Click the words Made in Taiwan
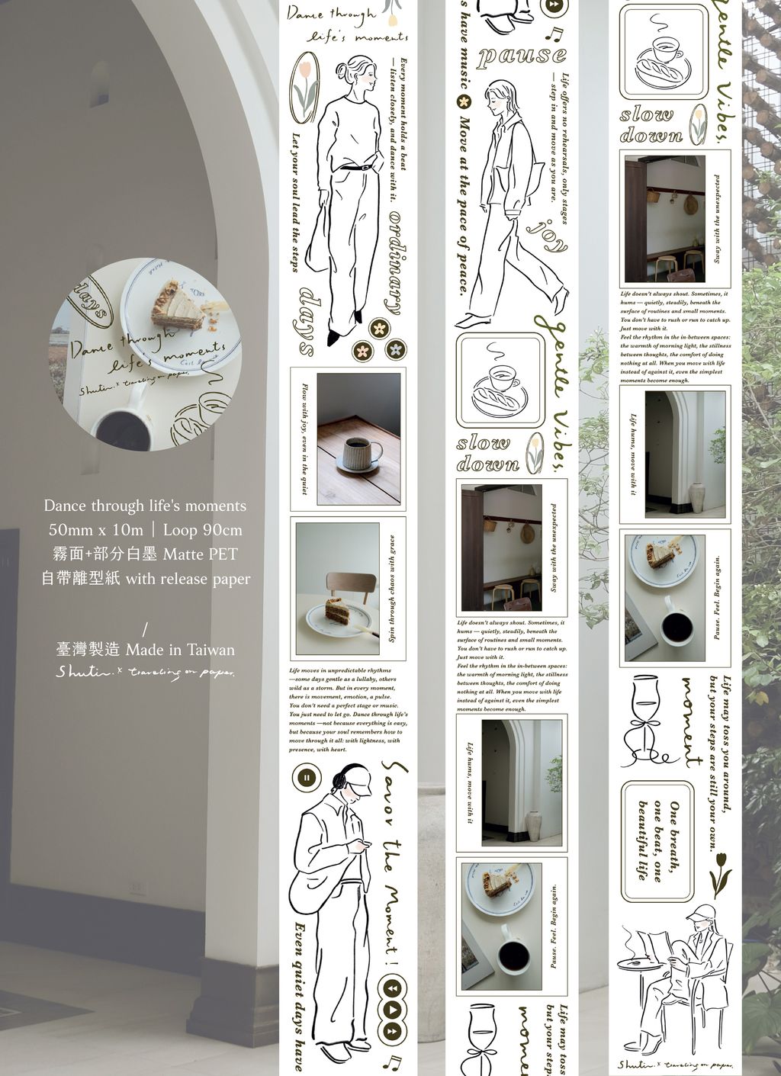point(180,650)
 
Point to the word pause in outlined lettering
point(522,56)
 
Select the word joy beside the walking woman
point(548,236)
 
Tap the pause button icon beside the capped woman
point(307,778)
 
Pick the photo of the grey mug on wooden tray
point(358,438)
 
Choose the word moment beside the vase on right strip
point(693,721)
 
